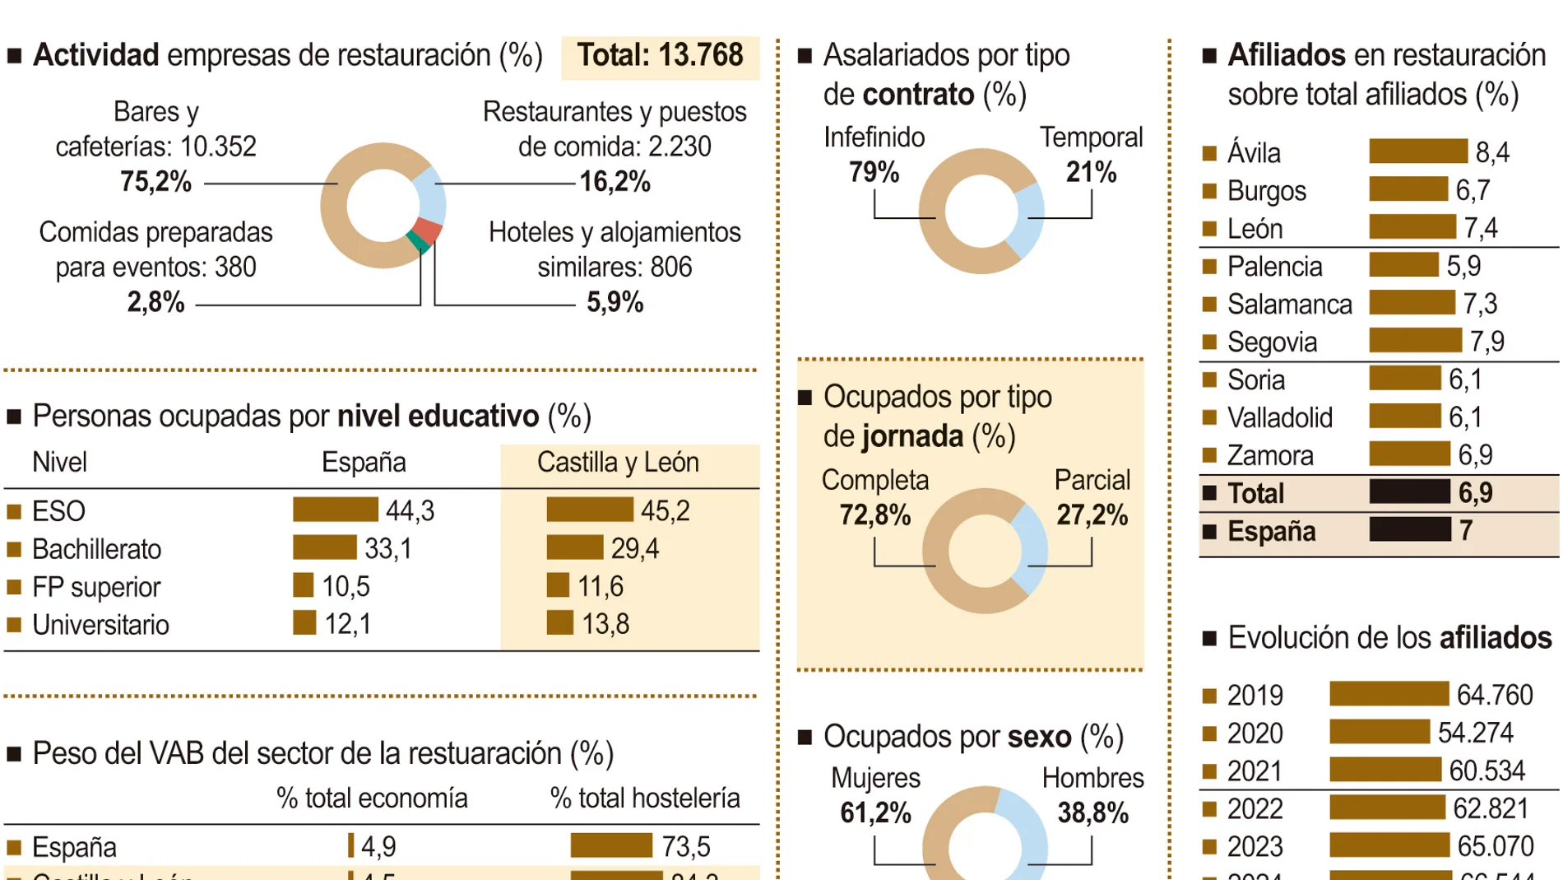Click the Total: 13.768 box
[x=660, y=56]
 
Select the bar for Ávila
[x=1417, y=151]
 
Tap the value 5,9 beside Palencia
[x=1463, y=266]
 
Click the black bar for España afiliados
[x=1409, y=529]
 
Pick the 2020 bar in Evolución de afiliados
[x=1379, y=732]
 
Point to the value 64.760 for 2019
[x=1494, y=695]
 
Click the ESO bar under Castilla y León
[x=589, y=510]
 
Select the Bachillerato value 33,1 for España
[x=387, y=548]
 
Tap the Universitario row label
[x=100, y=625]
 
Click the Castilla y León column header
[x=618, y=463]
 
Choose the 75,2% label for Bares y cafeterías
[x=155, y=181]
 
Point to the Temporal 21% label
[x=1091, y=172]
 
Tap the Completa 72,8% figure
[x=874, y=515]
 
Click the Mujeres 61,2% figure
[x=875, y=813]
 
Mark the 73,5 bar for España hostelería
[x=610, y=845]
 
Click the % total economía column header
[x=372, y=798]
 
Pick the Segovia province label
[x=1272, y=342]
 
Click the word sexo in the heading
[x=1039, y=737]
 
